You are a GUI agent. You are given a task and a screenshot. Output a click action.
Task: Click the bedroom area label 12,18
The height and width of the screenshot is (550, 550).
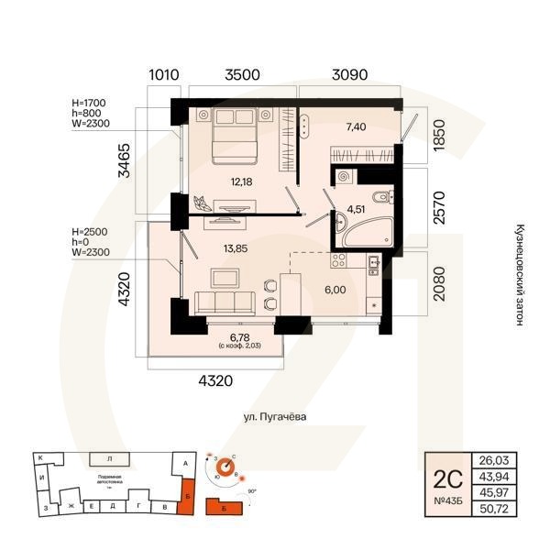pos(242,181)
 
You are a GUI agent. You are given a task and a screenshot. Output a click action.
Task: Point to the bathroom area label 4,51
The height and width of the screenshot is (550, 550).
pos(356,208)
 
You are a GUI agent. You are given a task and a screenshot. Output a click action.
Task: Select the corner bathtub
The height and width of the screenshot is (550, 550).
pos(349,237)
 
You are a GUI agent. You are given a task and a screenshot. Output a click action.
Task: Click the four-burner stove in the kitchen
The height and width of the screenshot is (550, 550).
pos(337,263)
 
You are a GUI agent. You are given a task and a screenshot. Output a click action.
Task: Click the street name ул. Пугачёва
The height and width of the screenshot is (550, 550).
pos(274,417)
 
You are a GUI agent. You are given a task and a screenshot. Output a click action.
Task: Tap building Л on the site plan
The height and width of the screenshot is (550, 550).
pos(109,457)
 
